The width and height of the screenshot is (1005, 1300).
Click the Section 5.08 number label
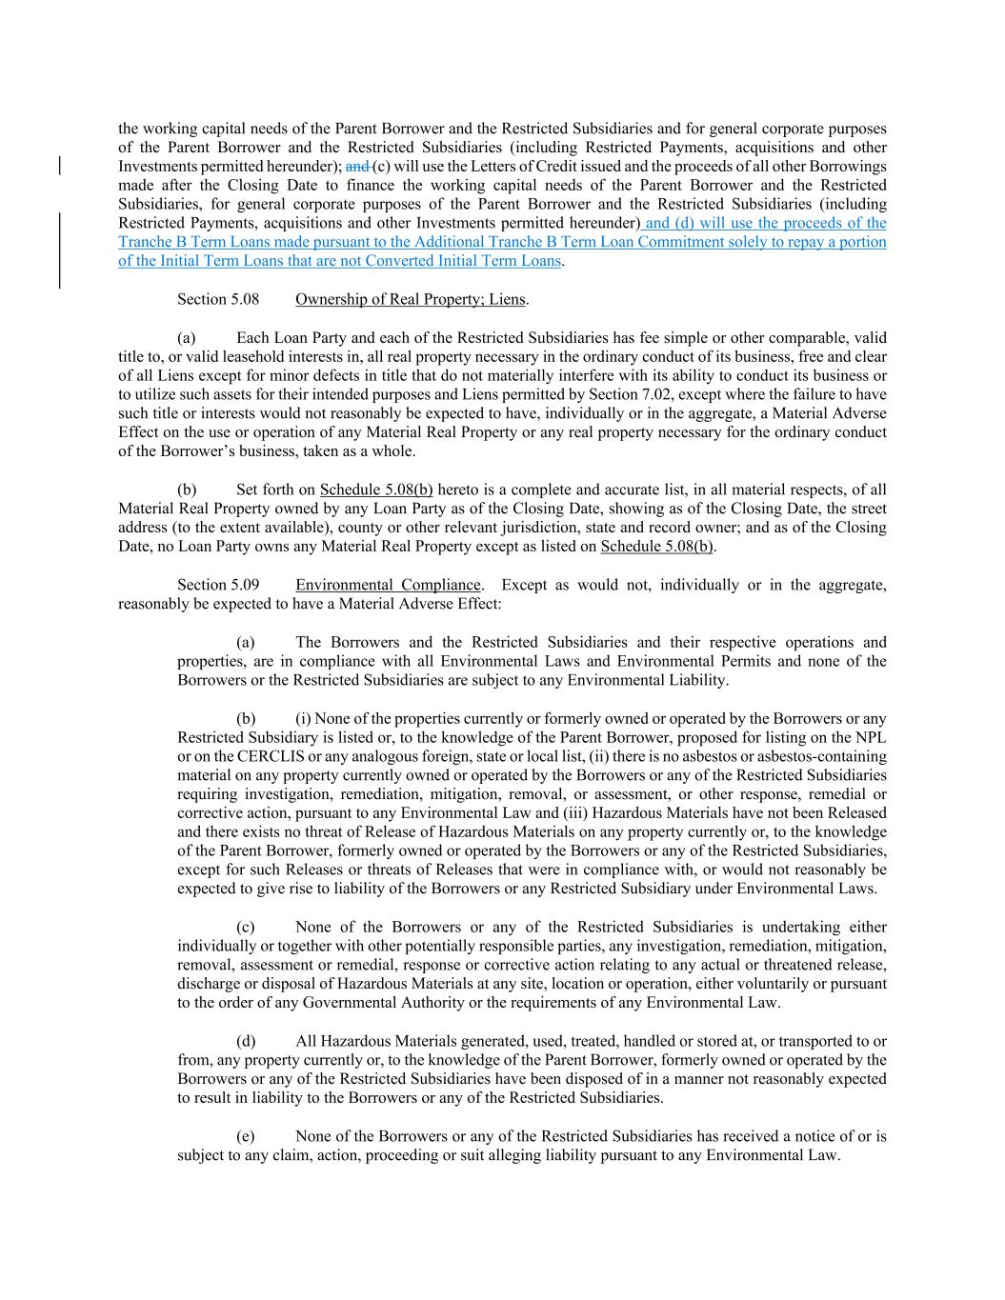[x=217, y=299]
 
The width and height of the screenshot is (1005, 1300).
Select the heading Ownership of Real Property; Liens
[x=411, y=299]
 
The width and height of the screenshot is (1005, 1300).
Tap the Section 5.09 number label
[x=217, y=585]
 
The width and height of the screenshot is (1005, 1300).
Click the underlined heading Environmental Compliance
[x=388, y=585]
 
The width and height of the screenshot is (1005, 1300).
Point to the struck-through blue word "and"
[x=357, y=166]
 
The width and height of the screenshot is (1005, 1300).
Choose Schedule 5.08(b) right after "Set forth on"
[x=376, y=490]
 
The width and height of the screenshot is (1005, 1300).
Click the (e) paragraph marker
[x=246, y=1136]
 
